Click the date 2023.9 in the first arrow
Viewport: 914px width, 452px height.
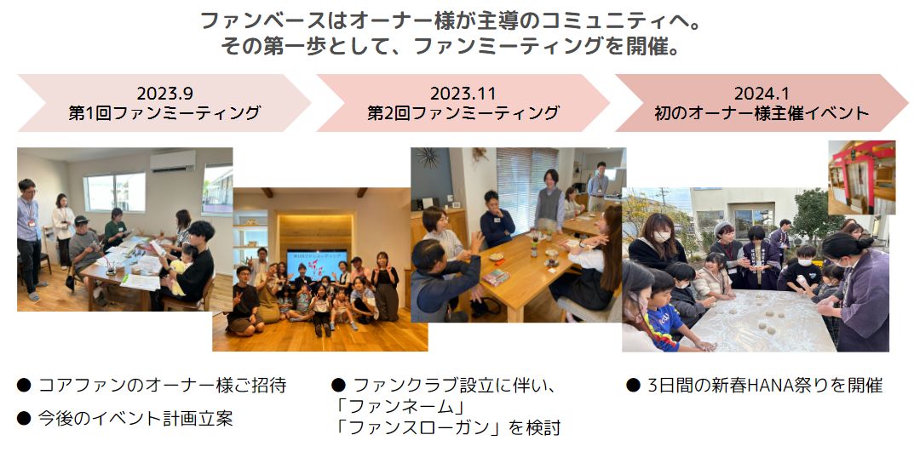click(x=164, y=93)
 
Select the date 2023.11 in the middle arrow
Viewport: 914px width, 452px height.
click(x=463, y=93)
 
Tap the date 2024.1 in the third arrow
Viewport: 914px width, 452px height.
click(x=762, y=93)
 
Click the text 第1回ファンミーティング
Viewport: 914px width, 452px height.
click(x=164, y=113)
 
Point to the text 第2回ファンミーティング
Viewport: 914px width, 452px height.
click(x=463, y=113)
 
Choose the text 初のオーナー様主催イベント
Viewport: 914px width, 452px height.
click(x=762, y=113)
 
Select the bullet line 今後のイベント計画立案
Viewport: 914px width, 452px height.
click(x=135, y=418)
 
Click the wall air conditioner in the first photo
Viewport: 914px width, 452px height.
click(x=173, y=160)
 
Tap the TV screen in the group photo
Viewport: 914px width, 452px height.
click(x=317, y=266)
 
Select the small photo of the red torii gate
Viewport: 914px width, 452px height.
click(x=861, y=177)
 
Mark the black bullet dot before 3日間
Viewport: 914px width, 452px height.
click(x=633, y=386)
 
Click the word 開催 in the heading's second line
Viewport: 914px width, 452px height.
click(x=644, y=45)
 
